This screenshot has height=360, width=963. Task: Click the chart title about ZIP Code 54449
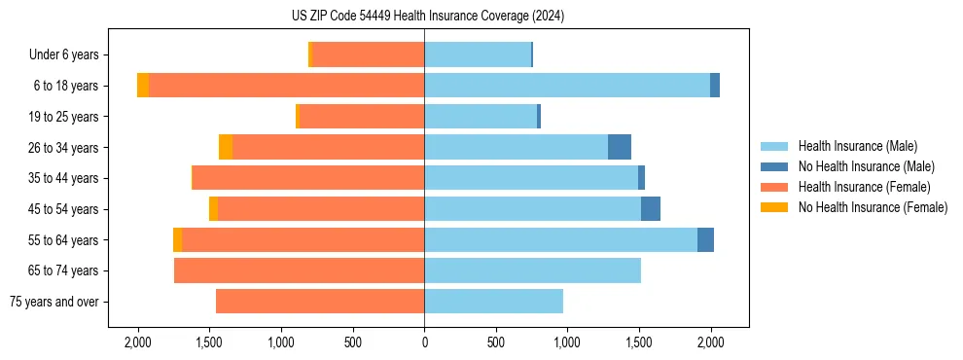(481, 17)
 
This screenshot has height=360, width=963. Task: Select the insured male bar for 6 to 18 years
(567, 86)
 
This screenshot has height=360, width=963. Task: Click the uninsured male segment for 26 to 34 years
(620, 147)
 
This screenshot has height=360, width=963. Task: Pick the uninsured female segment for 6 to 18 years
(143, 86)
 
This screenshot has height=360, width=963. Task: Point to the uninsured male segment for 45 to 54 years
(651, 209)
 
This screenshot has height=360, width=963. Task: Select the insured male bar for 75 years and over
(493, 302)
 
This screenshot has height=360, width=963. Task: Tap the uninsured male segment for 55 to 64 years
(705, 240)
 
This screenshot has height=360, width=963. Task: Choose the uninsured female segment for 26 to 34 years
(226, 147)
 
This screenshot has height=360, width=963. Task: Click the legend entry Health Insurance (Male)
(857, 146)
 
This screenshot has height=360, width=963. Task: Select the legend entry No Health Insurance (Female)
(873, 207)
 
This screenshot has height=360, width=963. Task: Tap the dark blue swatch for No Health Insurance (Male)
(775, 166)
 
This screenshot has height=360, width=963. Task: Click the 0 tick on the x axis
(424, 342)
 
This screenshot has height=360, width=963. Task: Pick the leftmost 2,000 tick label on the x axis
(137, 342)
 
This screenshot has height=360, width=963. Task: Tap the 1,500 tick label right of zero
(638, 342)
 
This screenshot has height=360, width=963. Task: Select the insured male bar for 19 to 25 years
(481, 117)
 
